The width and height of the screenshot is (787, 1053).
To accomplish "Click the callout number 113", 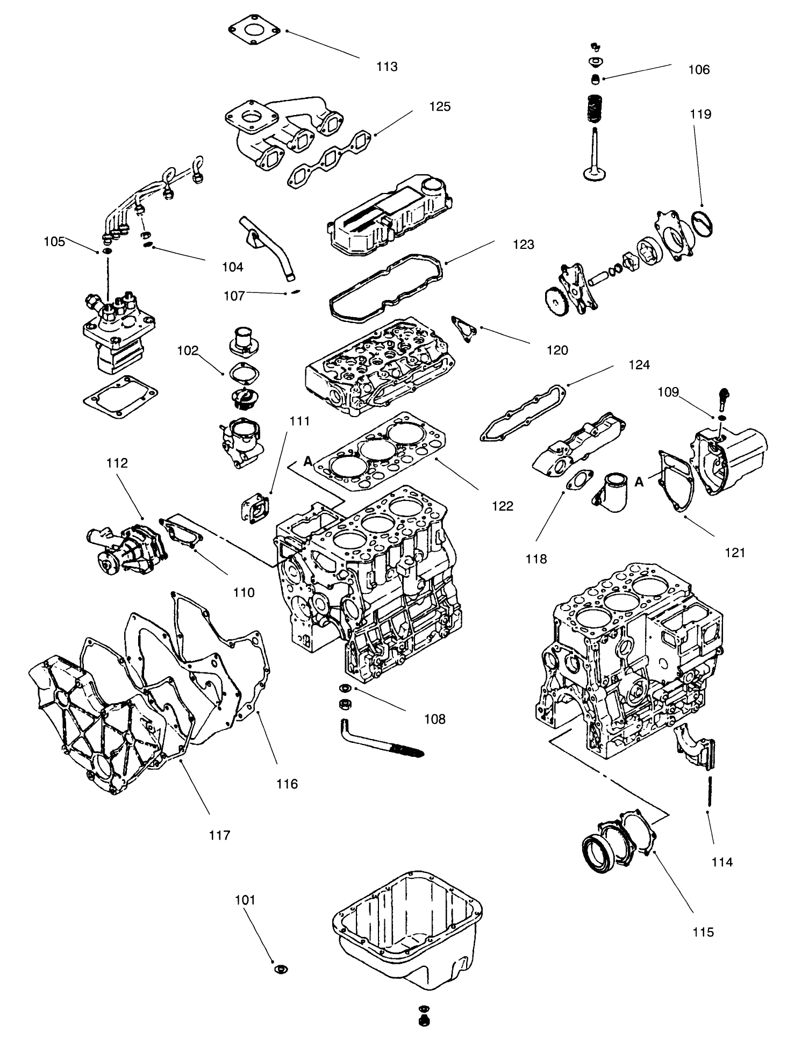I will pyautogui.click(x=387, y=67).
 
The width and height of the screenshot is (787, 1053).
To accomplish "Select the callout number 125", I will pyautogui.click(x=440, y=106).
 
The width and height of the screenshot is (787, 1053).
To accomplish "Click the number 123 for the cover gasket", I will pyautogui.click(x=523, y=245).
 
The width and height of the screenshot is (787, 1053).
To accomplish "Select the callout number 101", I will pyautogui.click(x=245, y=900).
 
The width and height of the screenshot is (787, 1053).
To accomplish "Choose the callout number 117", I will pyautogui.click(x=220, y=835).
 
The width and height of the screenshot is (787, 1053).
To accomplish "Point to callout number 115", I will pyautogui.click(x=703, y=932).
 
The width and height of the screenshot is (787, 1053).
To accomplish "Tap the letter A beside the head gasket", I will pyautogui.click(x=308, y=461).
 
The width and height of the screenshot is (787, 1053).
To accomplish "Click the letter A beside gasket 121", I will pyautogui.click(x=639, y=483).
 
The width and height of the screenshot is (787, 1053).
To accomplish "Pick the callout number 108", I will pyautogui.click(x=434, y=719).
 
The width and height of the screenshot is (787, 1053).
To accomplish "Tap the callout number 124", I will pyautogui.click(x=639, y=366).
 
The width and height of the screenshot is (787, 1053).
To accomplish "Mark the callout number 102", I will pyautogui.click(x=188, y=350).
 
